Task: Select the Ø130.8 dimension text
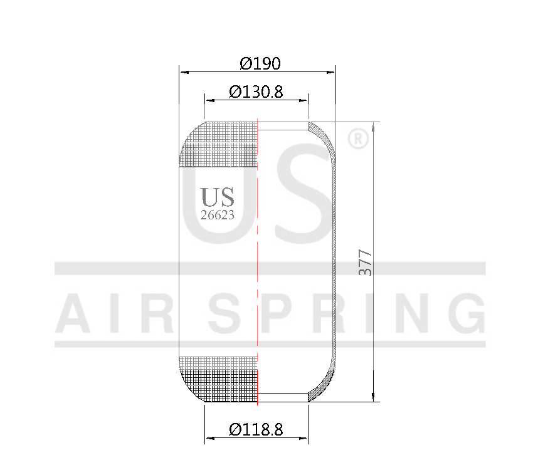pyautogui.click(x=256, y=92)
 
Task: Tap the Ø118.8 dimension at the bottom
pyautogui.click(x=256, y=430)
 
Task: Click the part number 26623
pyautogui.click(x=218, y=215)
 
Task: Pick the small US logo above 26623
pyautogui.click(x=218, y=197)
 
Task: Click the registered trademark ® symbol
pyautogui.click(x=357, y=138)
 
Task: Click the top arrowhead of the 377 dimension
pyautogui.click(x=374, y=126)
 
